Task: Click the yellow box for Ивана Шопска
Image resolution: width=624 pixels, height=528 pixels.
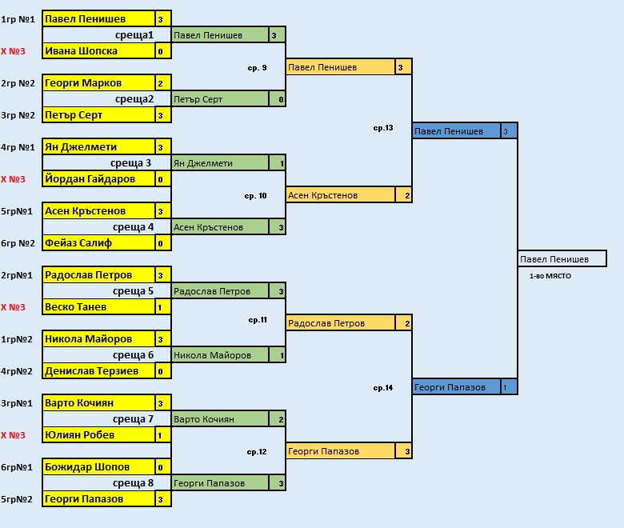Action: (97, 51)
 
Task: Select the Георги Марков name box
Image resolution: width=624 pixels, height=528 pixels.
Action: (97, 83)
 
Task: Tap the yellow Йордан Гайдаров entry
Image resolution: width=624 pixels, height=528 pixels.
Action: (97, 179)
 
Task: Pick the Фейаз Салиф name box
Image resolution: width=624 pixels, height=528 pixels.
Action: (97, 243)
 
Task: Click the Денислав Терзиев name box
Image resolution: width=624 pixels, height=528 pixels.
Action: (97, 371)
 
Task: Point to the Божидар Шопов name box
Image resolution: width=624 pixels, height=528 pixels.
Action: (97, 467)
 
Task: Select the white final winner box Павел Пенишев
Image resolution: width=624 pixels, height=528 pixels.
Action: (562, 259)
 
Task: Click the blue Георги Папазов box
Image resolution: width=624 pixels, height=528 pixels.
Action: (456, 387)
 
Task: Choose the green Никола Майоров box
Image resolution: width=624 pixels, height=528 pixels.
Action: (220, 355)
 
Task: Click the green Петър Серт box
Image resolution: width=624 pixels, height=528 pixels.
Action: (220, 99)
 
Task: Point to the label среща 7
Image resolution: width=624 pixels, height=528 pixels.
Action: (133, 419)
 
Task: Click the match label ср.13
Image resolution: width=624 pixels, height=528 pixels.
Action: (383, 128)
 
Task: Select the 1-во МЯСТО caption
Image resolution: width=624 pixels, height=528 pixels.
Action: (550, 276)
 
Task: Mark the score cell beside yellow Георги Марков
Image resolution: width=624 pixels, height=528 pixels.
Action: (161, 83)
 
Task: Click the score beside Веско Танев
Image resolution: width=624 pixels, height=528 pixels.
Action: (161, 307)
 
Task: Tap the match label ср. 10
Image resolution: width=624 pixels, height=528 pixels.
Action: (256, 195)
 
